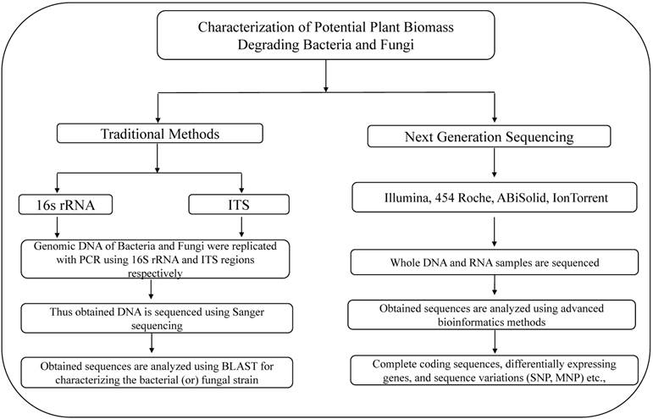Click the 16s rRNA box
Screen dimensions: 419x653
57,203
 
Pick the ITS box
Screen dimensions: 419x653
242,203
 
